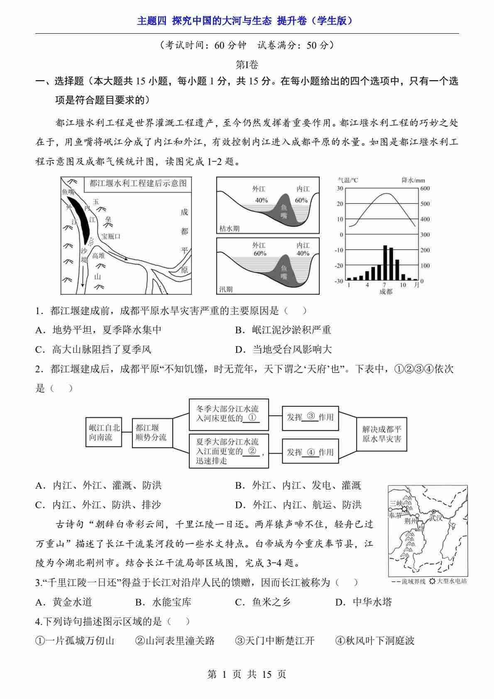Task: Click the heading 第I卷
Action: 247,65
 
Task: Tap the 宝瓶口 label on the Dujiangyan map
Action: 111,236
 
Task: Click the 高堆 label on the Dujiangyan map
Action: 98,256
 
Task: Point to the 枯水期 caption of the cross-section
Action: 230,229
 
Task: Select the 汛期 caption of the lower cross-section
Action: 226,290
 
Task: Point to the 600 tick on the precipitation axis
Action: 425,188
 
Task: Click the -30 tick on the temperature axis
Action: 339,281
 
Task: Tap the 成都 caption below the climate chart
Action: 386,292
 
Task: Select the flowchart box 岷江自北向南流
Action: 104,432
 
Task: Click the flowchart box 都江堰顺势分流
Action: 152,432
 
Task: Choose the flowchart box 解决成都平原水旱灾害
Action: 382,434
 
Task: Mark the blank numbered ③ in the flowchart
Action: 311,416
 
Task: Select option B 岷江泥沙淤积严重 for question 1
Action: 283,330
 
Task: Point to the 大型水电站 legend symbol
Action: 432,581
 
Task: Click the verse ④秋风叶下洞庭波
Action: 375,641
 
